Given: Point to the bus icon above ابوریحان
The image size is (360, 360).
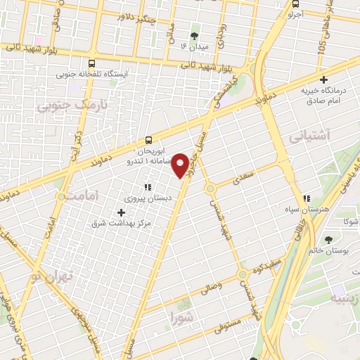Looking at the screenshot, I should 148,140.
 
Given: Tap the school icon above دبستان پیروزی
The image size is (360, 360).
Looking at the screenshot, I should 148,186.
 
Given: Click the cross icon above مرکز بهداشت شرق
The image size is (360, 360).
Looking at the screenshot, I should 122,212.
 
